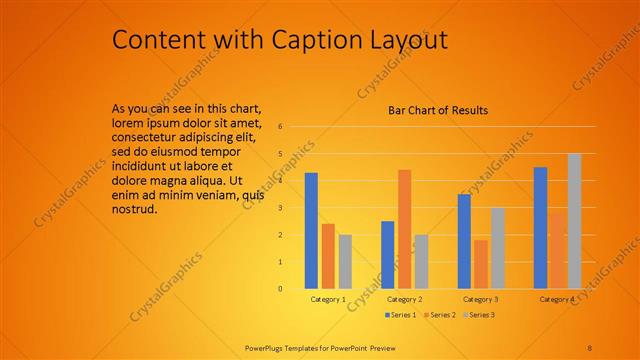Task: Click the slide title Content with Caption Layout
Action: [x=279, y=39]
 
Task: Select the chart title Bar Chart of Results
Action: [x=438, y=110]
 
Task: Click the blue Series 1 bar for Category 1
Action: [x=311, y=230]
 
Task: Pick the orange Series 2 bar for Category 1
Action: [x=328, y=256]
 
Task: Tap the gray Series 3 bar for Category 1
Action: [x=345, y=261]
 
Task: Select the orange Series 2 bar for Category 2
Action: [x=404, y=229]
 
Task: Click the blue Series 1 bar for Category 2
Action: [x=387, y=254]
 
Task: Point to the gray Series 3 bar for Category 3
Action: [x=498, y=248]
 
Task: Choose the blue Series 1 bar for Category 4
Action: [x=540, y=227]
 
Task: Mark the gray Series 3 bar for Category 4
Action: [x=574, y=221]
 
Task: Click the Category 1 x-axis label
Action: [x=328, y=299]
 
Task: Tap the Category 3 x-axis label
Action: [x=481, y=299]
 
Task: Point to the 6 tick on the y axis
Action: [x=281, y=127]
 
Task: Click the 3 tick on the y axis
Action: [x=281, y=208]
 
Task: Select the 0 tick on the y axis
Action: [x=281, y=289]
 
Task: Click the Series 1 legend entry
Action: [x=401, y=315]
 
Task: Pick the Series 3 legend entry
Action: [x=480, y=315]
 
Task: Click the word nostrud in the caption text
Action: [x=135, y=210]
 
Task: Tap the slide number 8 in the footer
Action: [x=589, y=347]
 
